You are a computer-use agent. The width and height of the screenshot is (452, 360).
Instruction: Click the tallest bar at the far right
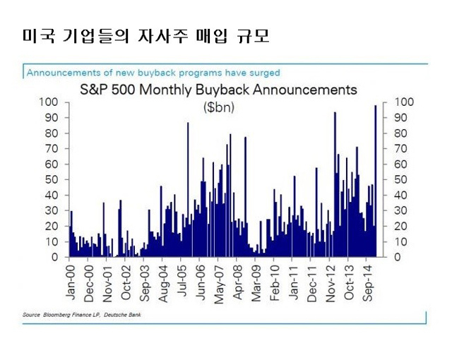pyautogui.click(x=375, y=181)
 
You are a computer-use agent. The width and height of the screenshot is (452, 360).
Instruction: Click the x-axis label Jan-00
pyautogui.click(x=71, y=282)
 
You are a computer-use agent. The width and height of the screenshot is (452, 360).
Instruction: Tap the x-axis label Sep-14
pyautogui.click(x=367, y=283)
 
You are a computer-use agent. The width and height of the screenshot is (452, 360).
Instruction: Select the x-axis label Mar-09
pyautogui.click(x=256, y=283)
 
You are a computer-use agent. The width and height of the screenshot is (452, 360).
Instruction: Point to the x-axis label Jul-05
pyautogui.click(x=182, y=280)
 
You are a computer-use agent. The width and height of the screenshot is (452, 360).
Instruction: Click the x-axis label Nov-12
pyautogui.click(x=331, y=283)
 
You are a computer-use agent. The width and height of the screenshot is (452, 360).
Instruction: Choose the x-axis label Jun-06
pyautogui.click(x=201, y=282)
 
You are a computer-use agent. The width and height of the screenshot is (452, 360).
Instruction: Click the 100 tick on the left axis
pyautogui.click(x=49, y=102)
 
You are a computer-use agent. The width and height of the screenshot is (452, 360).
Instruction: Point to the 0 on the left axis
pyautogui.click(x=55, y=257)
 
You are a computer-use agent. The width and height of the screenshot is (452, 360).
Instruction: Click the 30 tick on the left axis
pyautogui.click(x=52, y=210)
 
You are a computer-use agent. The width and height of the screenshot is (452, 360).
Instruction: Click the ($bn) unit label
pyautogui.click(x=219, y=108)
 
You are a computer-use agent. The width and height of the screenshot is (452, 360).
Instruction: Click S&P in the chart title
pyautogui.click(x=94, y=90)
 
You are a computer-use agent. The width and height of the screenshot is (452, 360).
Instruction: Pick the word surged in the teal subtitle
pyautogui.click(x=265, y=73)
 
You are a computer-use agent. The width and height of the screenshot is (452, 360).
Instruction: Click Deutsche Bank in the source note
pyautogui.click(x=122, y=315)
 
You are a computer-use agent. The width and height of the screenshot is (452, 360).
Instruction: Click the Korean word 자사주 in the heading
pyautogui.click(x=163, y=36)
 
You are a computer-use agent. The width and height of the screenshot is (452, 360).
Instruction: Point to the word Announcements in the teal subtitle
pyautogui.click(x=64, y=73)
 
